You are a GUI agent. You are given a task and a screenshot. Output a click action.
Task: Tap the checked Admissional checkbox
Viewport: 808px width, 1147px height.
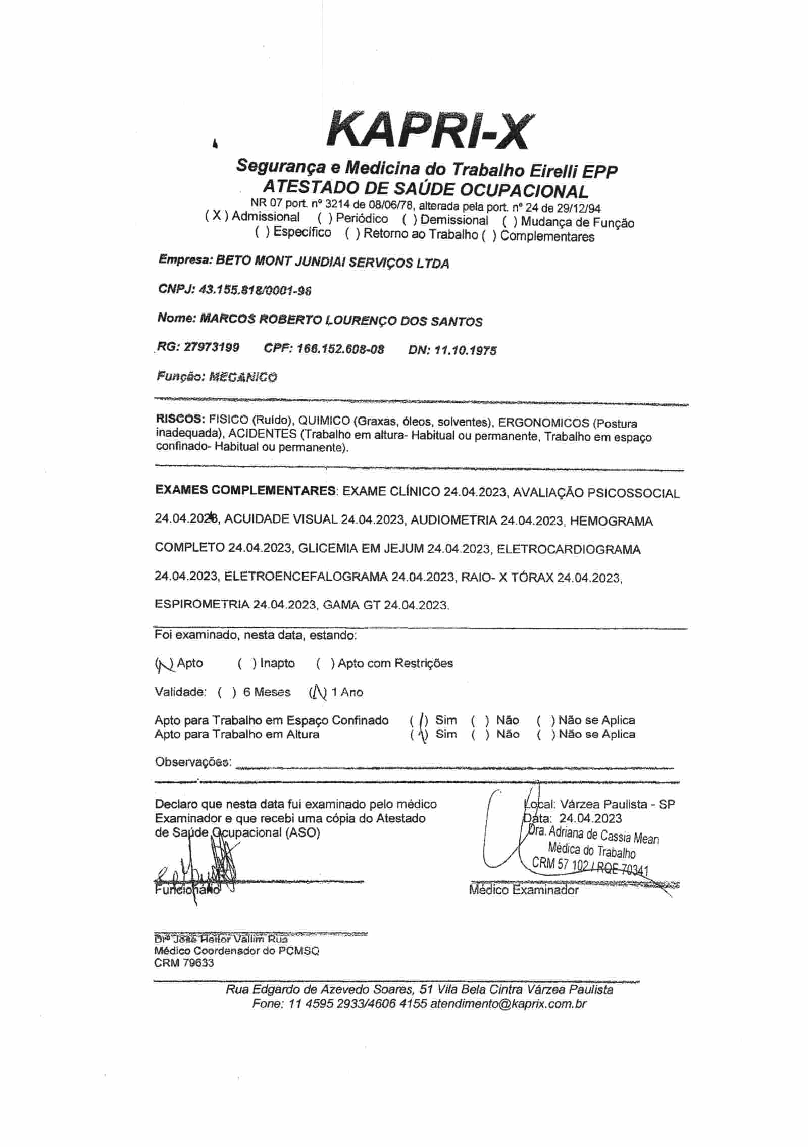tap(216, 216)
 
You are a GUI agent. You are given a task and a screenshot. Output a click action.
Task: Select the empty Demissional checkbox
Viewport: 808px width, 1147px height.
tap(409, 220)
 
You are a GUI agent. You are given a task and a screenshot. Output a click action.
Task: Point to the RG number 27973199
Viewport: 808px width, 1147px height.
tap(212, 348)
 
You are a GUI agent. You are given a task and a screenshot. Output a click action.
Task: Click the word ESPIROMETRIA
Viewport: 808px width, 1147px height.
tap(201, 604)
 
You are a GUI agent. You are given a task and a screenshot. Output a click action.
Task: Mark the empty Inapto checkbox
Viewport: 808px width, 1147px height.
tap(246, 663)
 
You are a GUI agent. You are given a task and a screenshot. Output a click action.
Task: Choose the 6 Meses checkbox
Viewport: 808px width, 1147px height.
tap(227, 692)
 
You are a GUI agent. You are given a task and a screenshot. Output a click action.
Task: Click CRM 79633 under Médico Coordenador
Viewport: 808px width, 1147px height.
tap(184, 963)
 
